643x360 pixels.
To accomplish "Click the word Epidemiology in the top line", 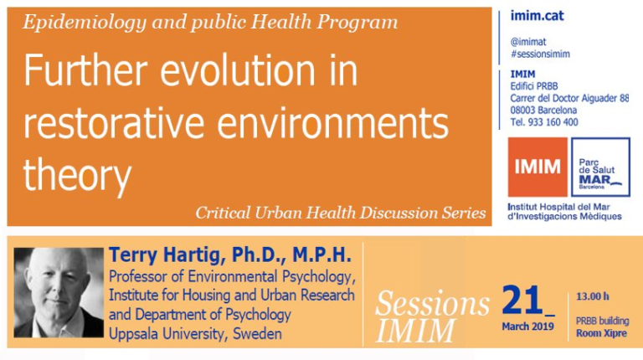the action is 84,23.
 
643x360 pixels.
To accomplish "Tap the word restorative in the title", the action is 114,123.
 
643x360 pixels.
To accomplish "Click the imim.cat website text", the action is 537,16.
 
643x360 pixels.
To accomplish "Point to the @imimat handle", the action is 528,42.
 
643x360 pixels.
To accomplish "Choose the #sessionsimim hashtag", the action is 540,54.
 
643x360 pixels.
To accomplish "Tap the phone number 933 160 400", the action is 553,121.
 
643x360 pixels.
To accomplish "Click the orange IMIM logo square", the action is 538,167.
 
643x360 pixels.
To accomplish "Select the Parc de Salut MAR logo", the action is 600,167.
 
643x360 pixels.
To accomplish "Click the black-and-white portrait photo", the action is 59,292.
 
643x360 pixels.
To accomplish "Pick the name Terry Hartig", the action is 167,255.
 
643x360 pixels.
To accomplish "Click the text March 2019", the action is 527,327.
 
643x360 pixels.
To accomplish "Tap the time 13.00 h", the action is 593,296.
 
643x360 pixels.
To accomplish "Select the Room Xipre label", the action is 601,333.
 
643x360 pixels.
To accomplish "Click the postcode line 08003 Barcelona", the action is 543,110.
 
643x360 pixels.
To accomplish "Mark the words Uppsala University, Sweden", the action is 195,334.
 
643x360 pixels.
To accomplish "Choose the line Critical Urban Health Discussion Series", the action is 341,213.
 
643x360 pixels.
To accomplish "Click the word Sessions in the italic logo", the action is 432,304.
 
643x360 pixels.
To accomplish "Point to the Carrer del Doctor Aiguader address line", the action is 569,99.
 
